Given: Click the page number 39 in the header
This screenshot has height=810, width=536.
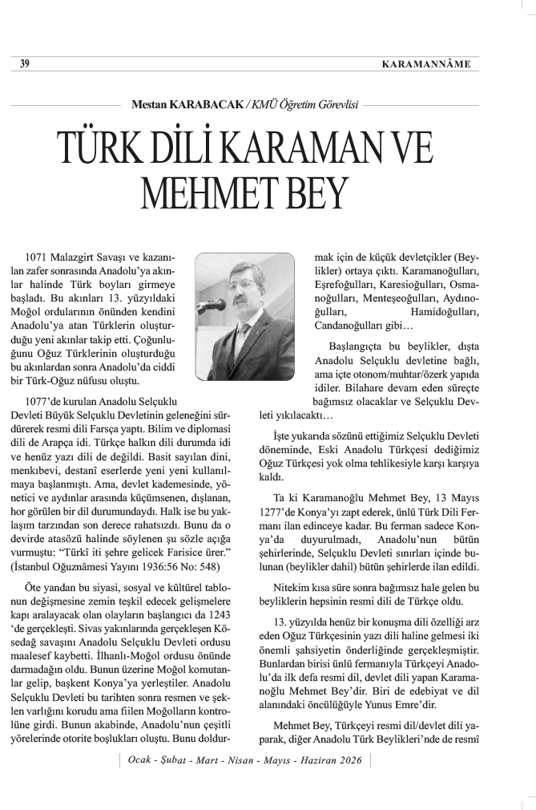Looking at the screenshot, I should (25, 64).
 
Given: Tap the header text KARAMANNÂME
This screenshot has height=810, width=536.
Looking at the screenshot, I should (425, 64).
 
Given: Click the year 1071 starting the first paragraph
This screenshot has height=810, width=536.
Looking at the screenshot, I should (39, 258).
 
